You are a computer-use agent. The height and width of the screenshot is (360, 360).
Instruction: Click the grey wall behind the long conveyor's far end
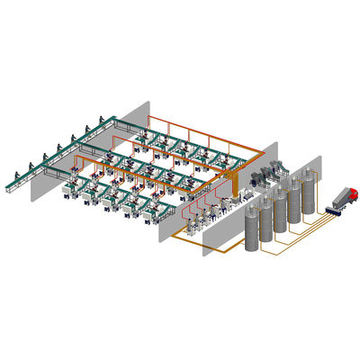point(135,112)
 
